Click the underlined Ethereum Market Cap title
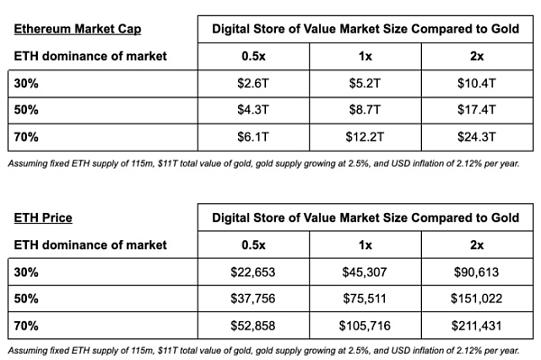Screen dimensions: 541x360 (x=78, y=29)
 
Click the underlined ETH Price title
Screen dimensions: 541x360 (x=43, y=217)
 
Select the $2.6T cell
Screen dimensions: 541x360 (x=252, y=83)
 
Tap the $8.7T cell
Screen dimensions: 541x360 (x=364, y=110)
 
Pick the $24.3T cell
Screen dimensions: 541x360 (x=476, y=137)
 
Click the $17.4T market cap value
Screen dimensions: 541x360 (x=476, y=110)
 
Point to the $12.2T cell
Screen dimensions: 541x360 (x=364, y=137)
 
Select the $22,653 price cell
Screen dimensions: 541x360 (x=252, y=272)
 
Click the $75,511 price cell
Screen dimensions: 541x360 (x=364, y=299)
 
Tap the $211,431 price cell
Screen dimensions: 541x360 (x=476, y=326)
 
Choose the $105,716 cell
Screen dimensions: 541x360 (x=364, y=326)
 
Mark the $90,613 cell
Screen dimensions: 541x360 (x=476, y=272)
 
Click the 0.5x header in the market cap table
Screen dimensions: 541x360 (x=253, y=56)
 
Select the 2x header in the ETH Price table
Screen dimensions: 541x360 (x=477, y=245)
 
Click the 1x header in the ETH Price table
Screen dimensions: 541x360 (x=365, y=245)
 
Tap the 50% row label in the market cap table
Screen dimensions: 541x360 (x=26, y=110)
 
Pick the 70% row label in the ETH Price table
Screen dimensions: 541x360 (x=26, y=326)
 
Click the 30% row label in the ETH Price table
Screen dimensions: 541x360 (x=26, y=272)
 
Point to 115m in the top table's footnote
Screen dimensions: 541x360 (x=142, y=163)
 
